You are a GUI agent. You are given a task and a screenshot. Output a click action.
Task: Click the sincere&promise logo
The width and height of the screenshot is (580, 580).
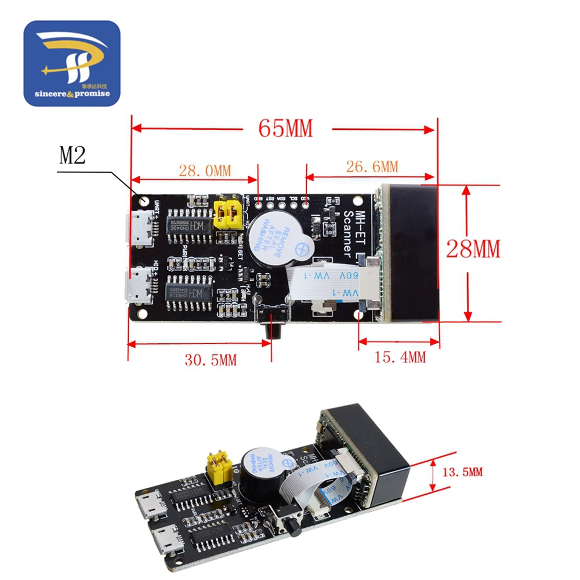(x=71, y=64)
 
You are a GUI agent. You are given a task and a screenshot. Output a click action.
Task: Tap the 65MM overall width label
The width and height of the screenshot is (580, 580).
(x=285, y=128)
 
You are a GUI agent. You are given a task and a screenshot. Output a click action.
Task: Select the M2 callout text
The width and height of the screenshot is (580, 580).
(x=72, y=156)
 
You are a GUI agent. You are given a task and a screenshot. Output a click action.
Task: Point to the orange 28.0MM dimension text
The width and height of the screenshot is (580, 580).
(x=204, y=171)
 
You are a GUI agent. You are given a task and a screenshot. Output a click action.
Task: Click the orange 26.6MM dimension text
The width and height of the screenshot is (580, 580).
(x=372, y=166)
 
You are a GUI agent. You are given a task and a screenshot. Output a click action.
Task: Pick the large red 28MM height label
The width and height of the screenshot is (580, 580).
(x=473, y=249)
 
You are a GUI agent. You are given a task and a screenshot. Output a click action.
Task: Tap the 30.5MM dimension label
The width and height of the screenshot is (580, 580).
(x=211, y=360)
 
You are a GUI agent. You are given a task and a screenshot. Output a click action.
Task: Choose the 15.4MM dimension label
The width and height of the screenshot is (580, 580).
(x=400, y=357)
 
